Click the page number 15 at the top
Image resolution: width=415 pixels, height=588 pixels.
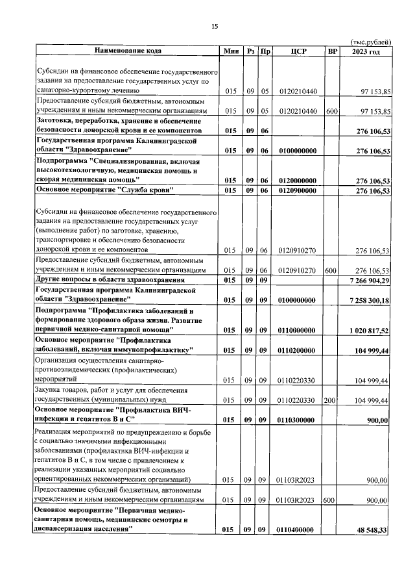pyautogui.click(x=215, y=26)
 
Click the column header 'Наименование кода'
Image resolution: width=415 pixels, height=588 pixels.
pyautogui.click(x=128, y=51)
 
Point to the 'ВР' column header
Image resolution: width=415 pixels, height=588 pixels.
pyautogui.click(x=333, y=51)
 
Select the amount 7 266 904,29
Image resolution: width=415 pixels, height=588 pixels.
pyautogui.click(x=366, y=280)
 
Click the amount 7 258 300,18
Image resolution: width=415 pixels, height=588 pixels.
pyautogui.click(x=366, y=301)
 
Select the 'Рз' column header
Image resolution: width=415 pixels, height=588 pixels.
pyautogui.click(x=250, y=51)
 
